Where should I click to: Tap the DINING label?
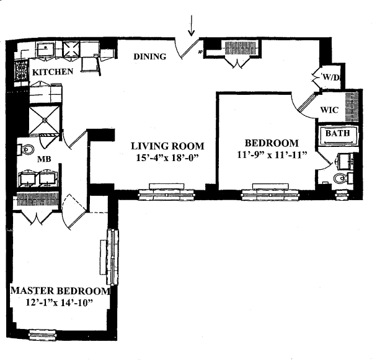(150, 57)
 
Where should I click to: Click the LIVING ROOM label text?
(167, 146)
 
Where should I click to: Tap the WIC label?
(329, 110)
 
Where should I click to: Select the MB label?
(44, 159)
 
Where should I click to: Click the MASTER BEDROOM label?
(60, 291)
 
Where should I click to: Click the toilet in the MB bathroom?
(27, 149)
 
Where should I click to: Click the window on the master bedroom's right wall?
(113, 250)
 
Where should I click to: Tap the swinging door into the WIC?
(306, 105)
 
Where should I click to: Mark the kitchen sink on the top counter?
(45, 48)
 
